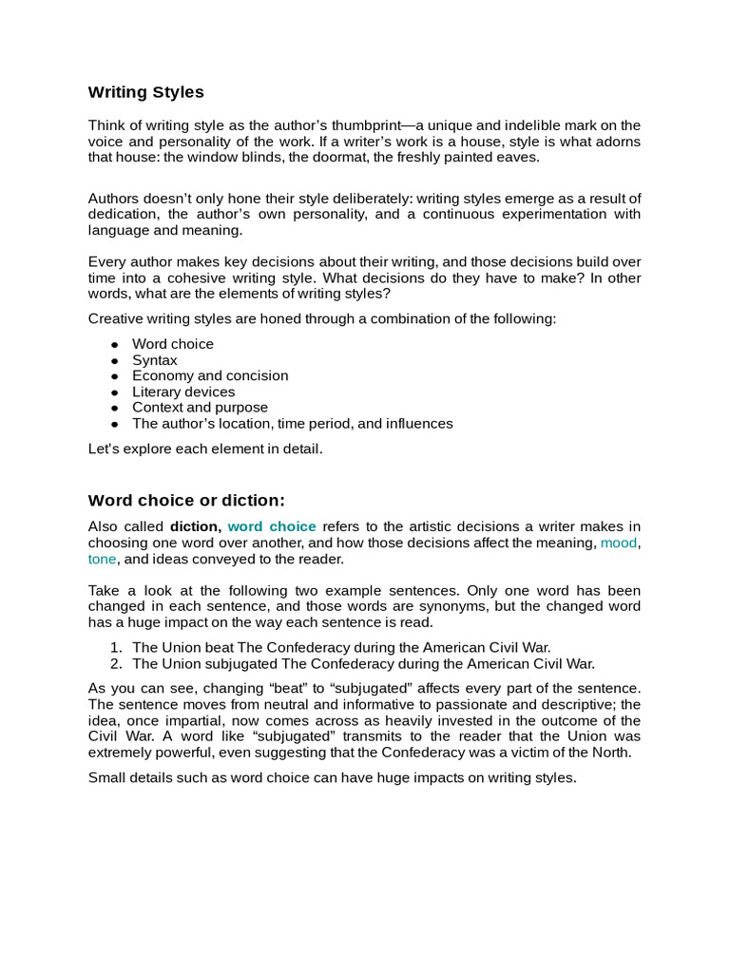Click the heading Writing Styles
pyautogui.click(x=145, y=92)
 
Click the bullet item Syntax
pyautogui.click(x=154, y=360)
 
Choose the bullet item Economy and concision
pyautogui.click(x=209, y=375)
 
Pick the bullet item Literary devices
pyautogui.click(x=182, y=391)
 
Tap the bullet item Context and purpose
pyautogui.click(x=200, y=408)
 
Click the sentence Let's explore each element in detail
pyautogui.click(x=205, y=448)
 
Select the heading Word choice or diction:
pyautogui.click(x=186, y=501)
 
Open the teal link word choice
pyautogui.click(x=272, y=526)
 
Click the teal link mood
pyautogui.click(x=618, y=543)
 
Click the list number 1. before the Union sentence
pyautogui.click(x=117, y=648)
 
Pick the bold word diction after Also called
pyautogui.click(x=195, y=526)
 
